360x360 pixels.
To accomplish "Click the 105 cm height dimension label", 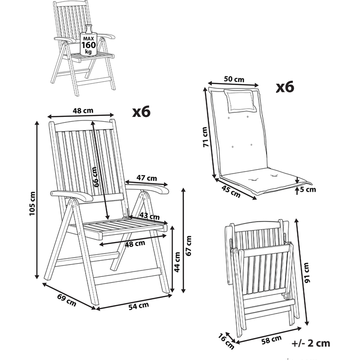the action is (32, 203).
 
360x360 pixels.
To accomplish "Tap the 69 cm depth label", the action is (67, 300).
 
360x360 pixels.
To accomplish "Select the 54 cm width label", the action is (138, 306).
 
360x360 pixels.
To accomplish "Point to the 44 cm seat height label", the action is (177, 262).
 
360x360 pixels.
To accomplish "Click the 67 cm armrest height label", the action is (188, 246).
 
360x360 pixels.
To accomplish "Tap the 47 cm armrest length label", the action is (147, 178).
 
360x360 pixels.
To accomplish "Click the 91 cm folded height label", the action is (306, 272).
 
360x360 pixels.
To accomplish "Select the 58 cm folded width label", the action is (271, 340).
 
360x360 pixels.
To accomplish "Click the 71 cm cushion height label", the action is (205, 137).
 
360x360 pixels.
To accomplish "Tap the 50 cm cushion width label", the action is (234, 79).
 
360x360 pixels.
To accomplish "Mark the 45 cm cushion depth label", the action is (231, 191).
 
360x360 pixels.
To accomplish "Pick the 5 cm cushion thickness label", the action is (308, 189).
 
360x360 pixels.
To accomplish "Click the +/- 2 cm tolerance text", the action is (311, 343).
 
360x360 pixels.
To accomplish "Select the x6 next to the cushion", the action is (285, 87).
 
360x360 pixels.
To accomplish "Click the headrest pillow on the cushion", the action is (240, 101).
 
